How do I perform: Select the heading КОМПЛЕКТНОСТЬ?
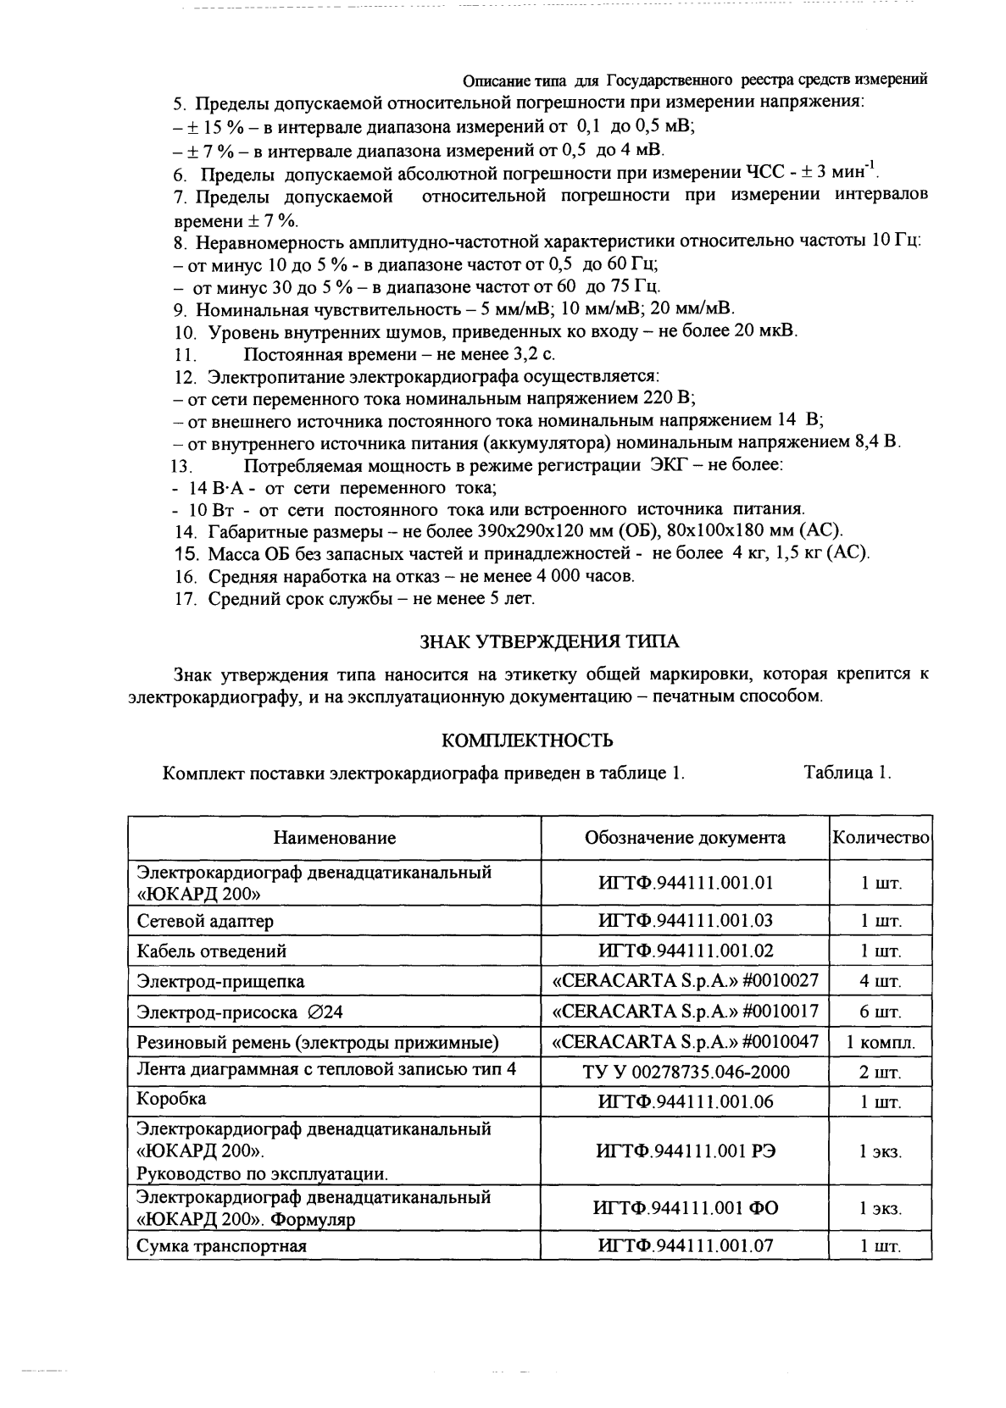pos(527,741)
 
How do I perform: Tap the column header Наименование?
pos(334,838)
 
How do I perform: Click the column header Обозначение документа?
pos(685,838)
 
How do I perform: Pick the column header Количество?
pos(881,837)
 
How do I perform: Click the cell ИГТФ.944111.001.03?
pos(685,920)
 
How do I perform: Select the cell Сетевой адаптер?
pos(205,921)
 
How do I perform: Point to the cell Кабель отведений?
pos(212,951)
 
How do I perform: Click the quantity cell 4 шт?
pos(881,981)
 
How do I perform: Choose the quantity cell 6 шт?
pos(881,1012)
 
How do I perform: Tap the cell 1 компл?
pos(881,1042)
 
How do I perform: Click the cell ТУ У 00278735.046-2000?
pos(685,1072)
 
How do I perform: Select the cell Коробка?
pos(172,1099)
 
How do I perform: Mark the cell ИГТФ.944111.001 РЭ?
pos(685,1151)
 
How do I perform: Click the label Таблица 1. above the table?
pos(847,773)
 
